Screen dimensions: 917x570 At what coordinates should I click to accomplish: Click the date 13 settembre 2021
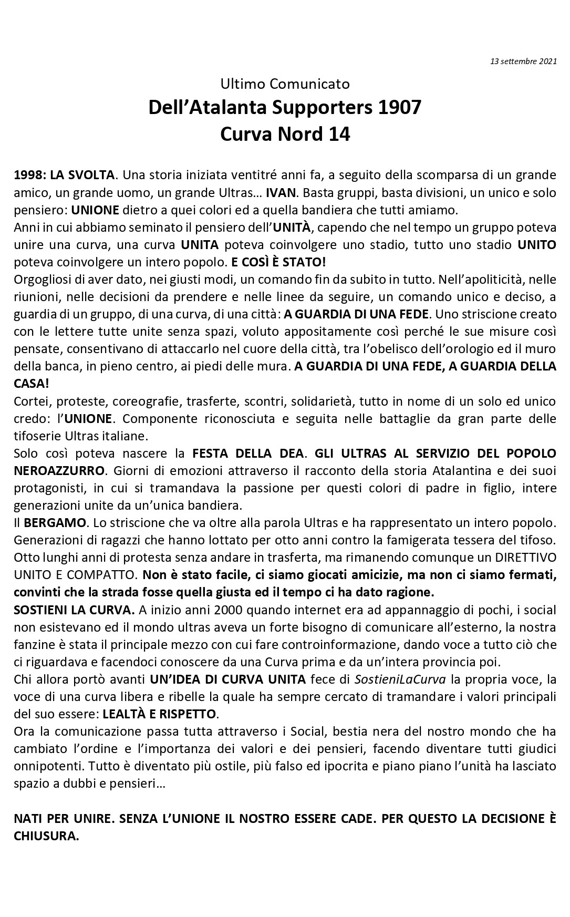point(523,61)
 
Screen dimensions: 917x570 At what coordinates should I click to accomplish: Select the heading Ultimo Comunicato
point(285,84)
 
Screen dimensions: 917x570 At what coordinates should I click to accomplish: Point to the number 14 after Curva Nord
point(339,134)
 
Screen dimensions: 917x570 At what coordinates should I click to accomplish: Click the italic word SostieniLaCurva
point(400,679)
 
